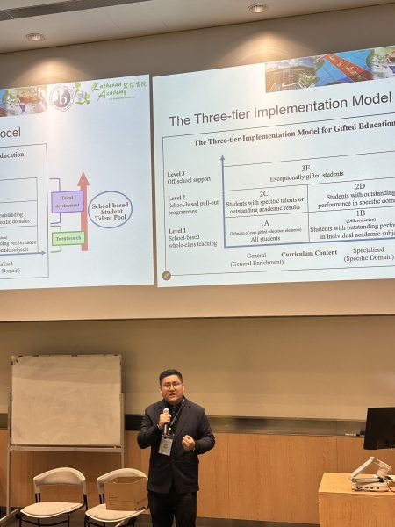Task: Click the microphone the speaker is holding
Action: (x=166, y=413)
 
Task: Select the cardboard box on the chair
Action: (x=126, y=493)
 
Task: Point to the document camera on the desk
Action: (x=370, y=474)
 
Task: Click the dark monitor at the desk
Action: (x=379, y=428)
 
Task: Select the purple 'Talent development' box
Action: (x=67, y=201)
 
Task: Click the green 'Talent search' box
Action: (x=68, y=238)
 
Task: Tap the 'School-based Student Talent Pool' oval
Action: (x=111, y=210)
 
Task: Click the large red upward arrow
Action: (x=83, y=211)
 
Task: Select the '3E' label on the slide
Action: (x=305, y=167)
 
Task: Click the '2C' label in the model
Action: (x=263, y=193)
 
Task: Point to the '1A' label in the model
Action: (x=264, y=223)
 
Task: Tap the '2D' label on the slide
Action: (x=359, y=186)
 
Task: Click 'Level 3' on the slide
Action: (x=176, y=175)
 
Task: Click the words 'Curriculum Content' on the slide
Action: (x=308, y=253)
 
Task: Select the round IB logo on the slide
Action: (x=61, y=96)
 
